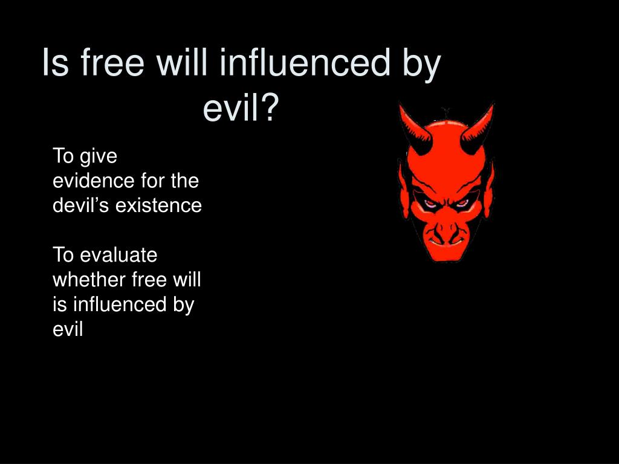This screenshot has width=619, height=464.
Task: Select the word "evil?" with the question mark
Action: pyautogui.click(x=241, y=109)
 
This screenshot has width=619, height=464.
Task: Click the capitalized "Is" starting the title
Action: pyautogui.click(x=54, y=63)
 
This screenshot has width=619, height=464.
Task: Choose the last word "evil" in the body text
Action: pyautogui.click(x=67, y=329)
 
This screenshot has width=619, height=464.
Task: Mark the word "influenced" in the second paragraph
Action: pyautogui.click(x=117, y=304)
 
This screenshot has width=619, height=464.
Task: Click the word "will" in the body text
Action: pyautogui.click(x=187, y=280)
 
